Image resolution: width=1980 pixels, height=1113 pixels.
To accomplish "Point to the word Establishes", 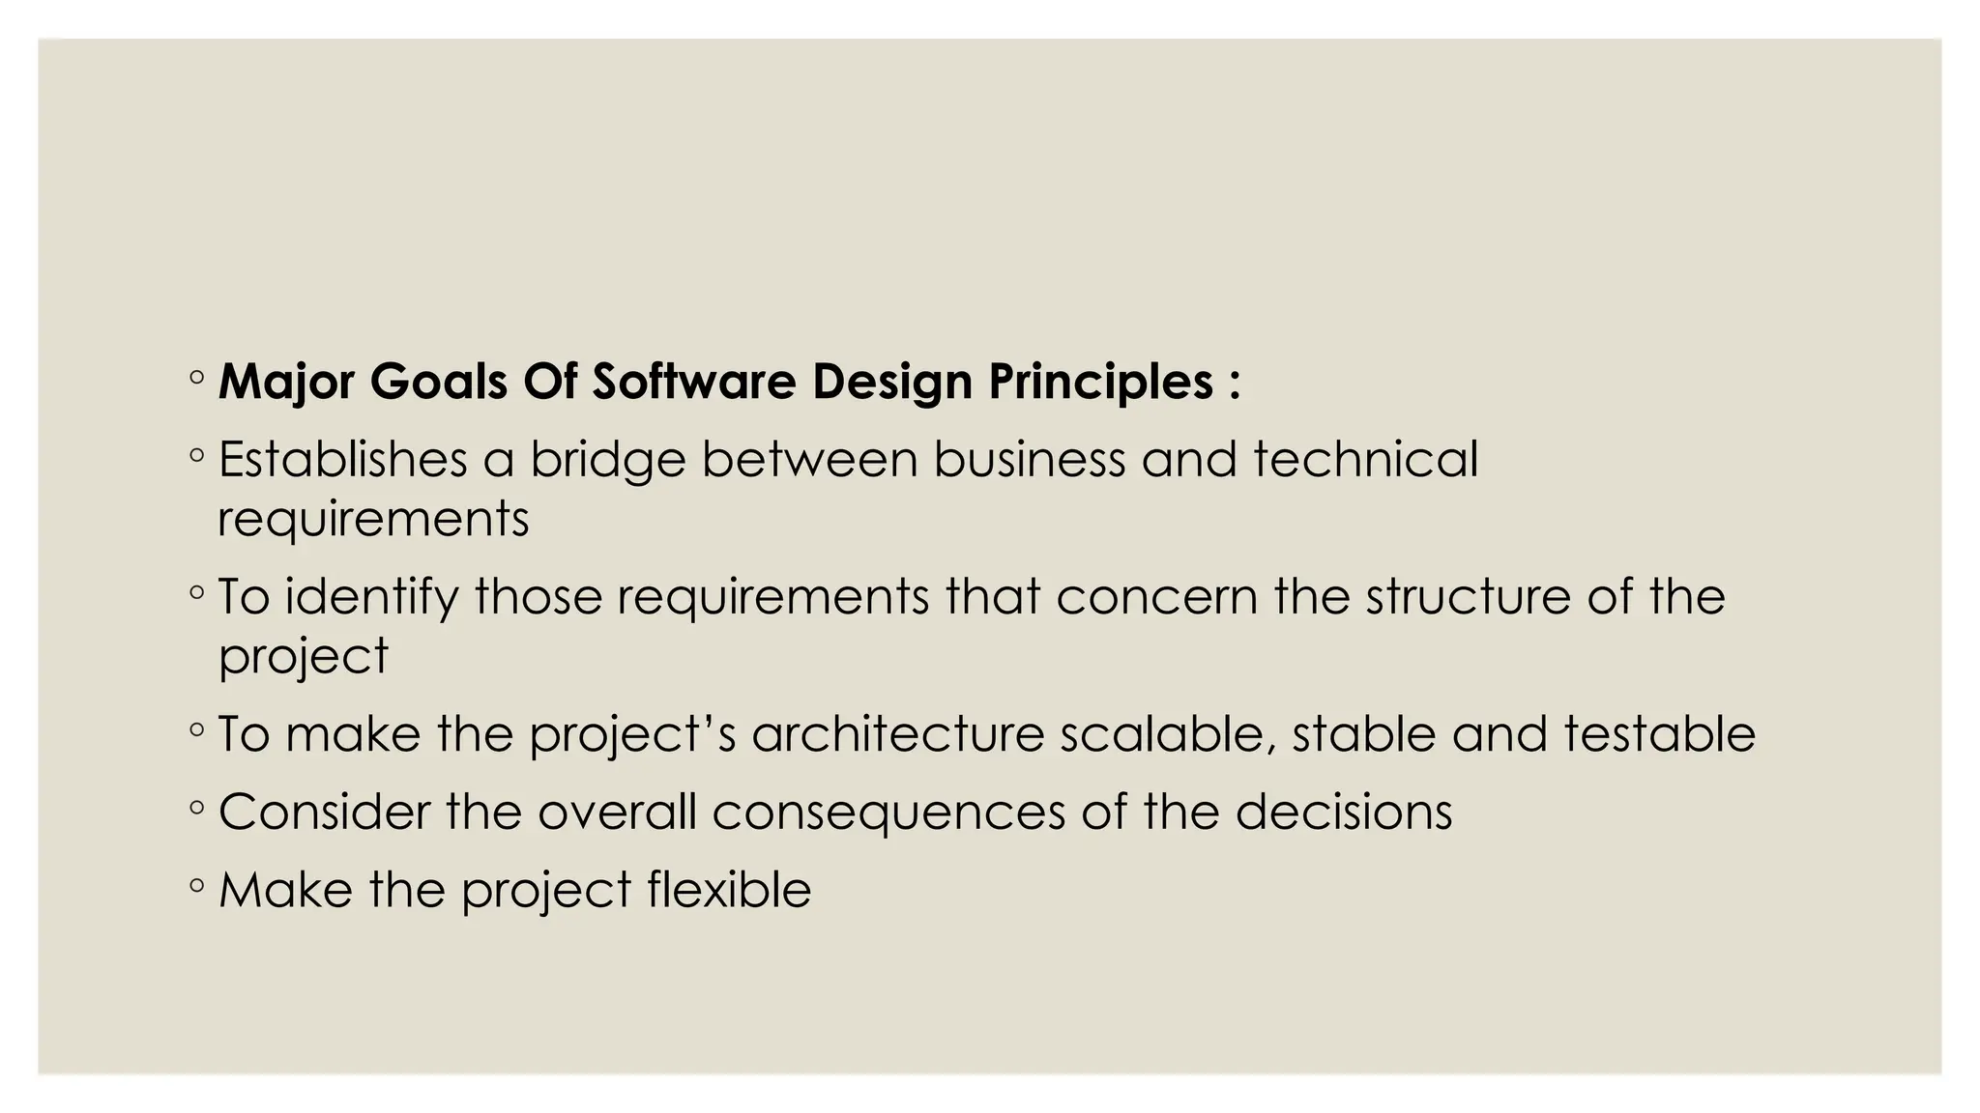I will coord(342,459).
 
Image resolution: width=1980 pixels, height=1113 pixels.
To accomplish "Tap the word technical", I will coord(1366,459).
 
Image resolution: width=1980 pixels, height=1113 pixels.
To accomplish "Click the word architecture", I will coord(898,734).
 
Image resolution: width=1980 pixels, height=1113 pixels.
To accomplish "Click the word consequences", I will coord(888,813).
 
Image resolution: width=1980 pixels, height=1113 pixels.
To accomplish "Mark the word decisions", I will coord(1343,812).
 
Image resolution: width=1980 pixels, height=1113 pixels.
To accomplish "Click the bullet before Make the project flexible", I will coord(197,884).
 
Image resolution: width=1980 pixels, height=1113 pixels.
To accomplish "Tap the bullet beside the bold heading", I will coord(197,377).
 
